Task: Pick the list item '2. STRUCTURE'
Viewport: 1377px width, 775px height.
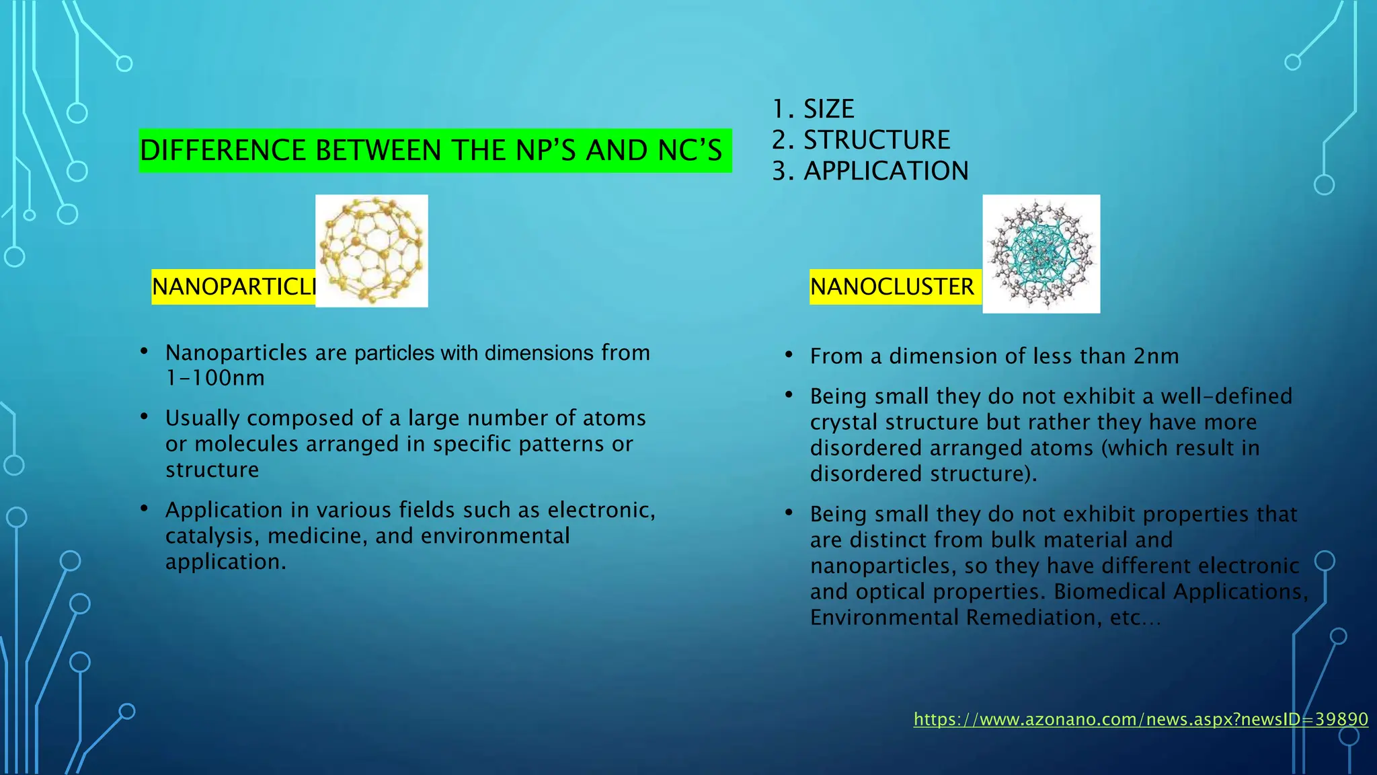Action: pos(861,140)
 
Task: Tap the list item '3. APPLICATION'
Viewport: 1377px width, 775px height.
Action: pos(870,171)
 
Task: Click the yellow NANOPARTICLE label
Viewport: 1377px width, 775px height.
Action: pos(233,287)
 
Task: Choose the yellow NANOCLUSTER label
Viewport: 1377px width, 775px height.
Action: pos(892,287)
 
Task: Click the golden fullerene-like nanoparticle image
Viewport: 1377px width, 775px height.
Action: pos(372,250)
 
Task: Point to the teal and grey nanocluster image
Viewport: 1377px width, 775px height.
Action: pos(1041,254)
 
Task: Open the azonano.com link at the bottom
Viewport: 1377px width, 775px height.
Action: pos(1140,719)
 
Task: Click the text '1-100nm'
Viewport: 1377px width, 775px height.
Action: pos(215,378)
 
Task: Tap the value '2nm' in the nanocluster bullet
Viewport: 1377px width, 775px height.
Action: pos(1156,356)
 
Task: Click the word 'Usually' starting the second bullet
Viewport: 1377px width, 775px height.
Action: pos(202,418)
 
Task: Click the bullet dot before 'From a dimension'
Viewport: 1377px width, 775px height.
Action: pos(789,354)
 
